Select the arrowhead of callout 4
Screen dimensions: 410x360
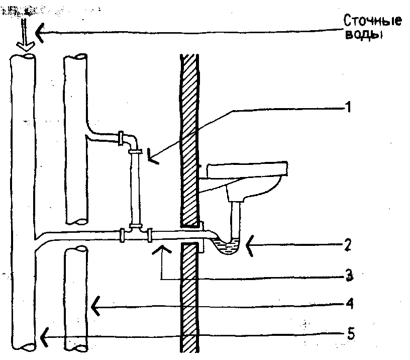point(95,305)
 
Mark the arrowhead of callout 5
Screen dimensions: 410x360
point(46,332)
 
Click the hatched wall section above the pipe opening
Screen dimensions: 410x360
point(190,136)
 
